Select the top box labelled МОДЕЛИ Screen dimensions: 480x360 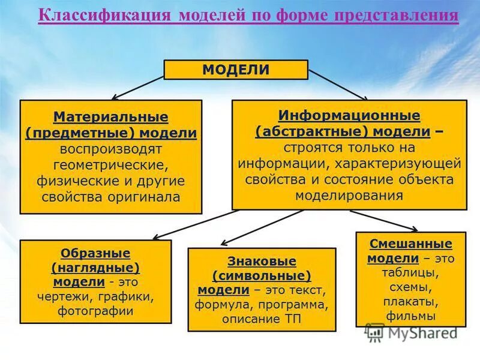click(236, 70)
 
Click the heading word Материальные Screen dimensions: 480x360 click(111, 116)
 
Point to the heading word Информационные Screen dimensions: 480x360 click(349, 115)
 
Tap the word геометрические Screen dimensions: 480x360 click(111, 164)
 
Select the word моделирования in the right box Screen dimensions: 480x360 click(349, 196)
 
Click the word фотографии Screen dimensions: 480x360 click(96, 311)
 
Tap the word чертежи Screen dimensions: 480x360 click(64, 296)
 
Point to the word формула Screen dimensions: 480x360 click(219, 305)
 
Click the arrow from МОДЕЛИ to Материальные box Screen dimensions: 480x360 click(139, 88)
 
